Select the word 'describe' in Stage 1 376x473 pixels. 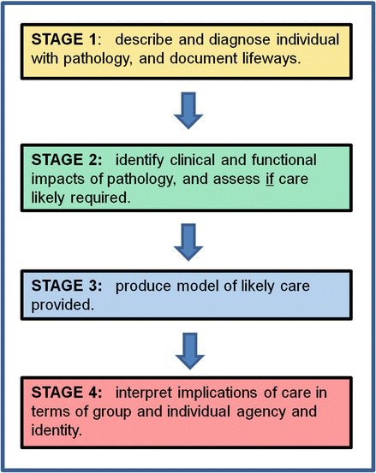(x=141, y=41)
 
